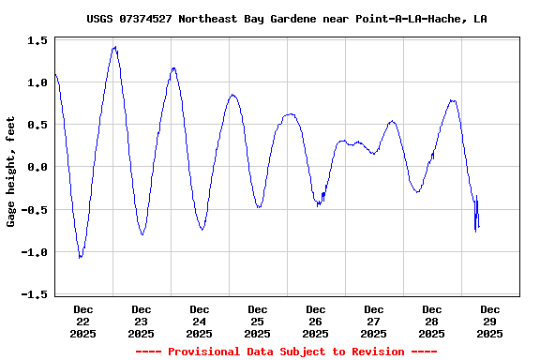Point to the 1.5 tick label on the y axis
pyautogui.click(x=38, y=41)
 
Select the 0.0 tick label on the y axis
pyautogui.click(x=38, y=168)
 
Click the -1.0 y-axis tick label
pyautogui.click(x=36, y=252)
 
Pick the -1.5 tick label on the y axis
pyautogui.click(x=36, y=294)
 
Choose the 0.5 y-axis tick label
pyautogui.click(x=38, y=126)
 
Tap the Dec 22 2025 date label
pyautogui.click(x=83, y=321)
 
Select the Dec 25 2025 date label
pyautogui.click(x=258, y=321)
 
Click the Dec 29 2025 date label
pyautogui.click(x=490, y=321)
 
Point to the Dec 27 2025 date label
pyautogui.click(x=374, y=321)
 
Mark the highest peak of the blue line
pyautogui.click(x=114, y=47)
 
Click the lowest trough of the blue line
pyautogui.click(x=81, y=257)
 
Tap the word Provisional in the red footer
pyautogui.click(x=207, y=352)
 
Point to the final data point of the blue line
pyautogui.click(x=478, y=227)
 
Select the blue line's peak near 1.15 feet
pyautogui.click(x=173, y=68)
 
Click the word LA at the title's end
pyautogui.click(x=480, y=19)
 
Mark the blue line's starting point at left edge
pyautogui.click(x=55, y=74)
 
